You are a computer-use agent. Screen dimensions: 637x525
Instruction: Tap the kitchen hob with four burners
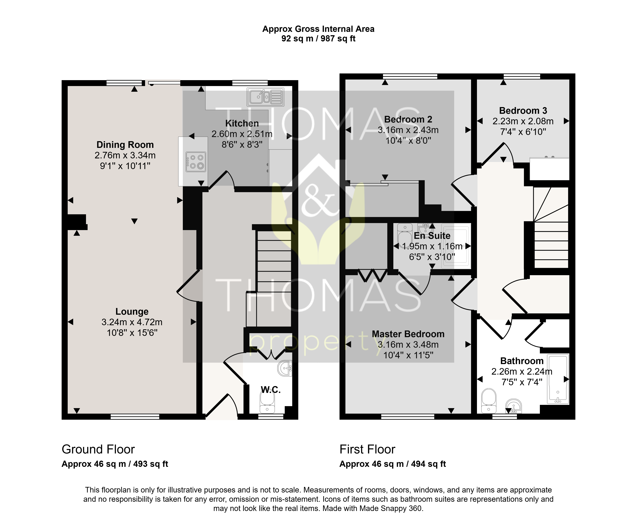[196, 162]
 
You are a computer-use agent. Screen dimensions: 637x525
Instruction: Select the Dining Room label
[125, 145]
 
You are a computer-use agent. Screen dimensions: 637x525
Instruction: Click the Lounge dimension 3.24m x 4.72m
[132, 322]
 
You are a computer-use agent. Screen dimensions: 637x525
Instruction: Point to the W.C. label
[271, 390]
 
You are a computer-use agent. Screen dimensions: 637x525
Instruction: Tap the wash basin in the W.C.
[285, 368]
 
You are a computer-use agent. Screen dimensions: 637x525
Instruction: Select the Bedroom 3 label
[523, 111]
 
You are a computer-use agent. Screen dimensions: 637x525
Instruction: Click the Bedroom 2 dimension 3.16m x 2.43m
[408, 130]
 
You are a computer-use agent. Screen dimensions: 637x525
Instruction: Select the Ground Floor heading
[98, 449]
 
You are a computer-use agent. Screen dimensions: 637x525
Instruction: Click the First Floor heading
[367, 449]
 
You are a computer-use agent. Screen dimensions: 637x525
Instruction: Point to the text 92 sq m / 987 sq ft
[318, 39]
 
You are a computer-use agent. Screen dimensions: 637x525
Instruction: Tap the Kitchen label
[242, 123]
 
